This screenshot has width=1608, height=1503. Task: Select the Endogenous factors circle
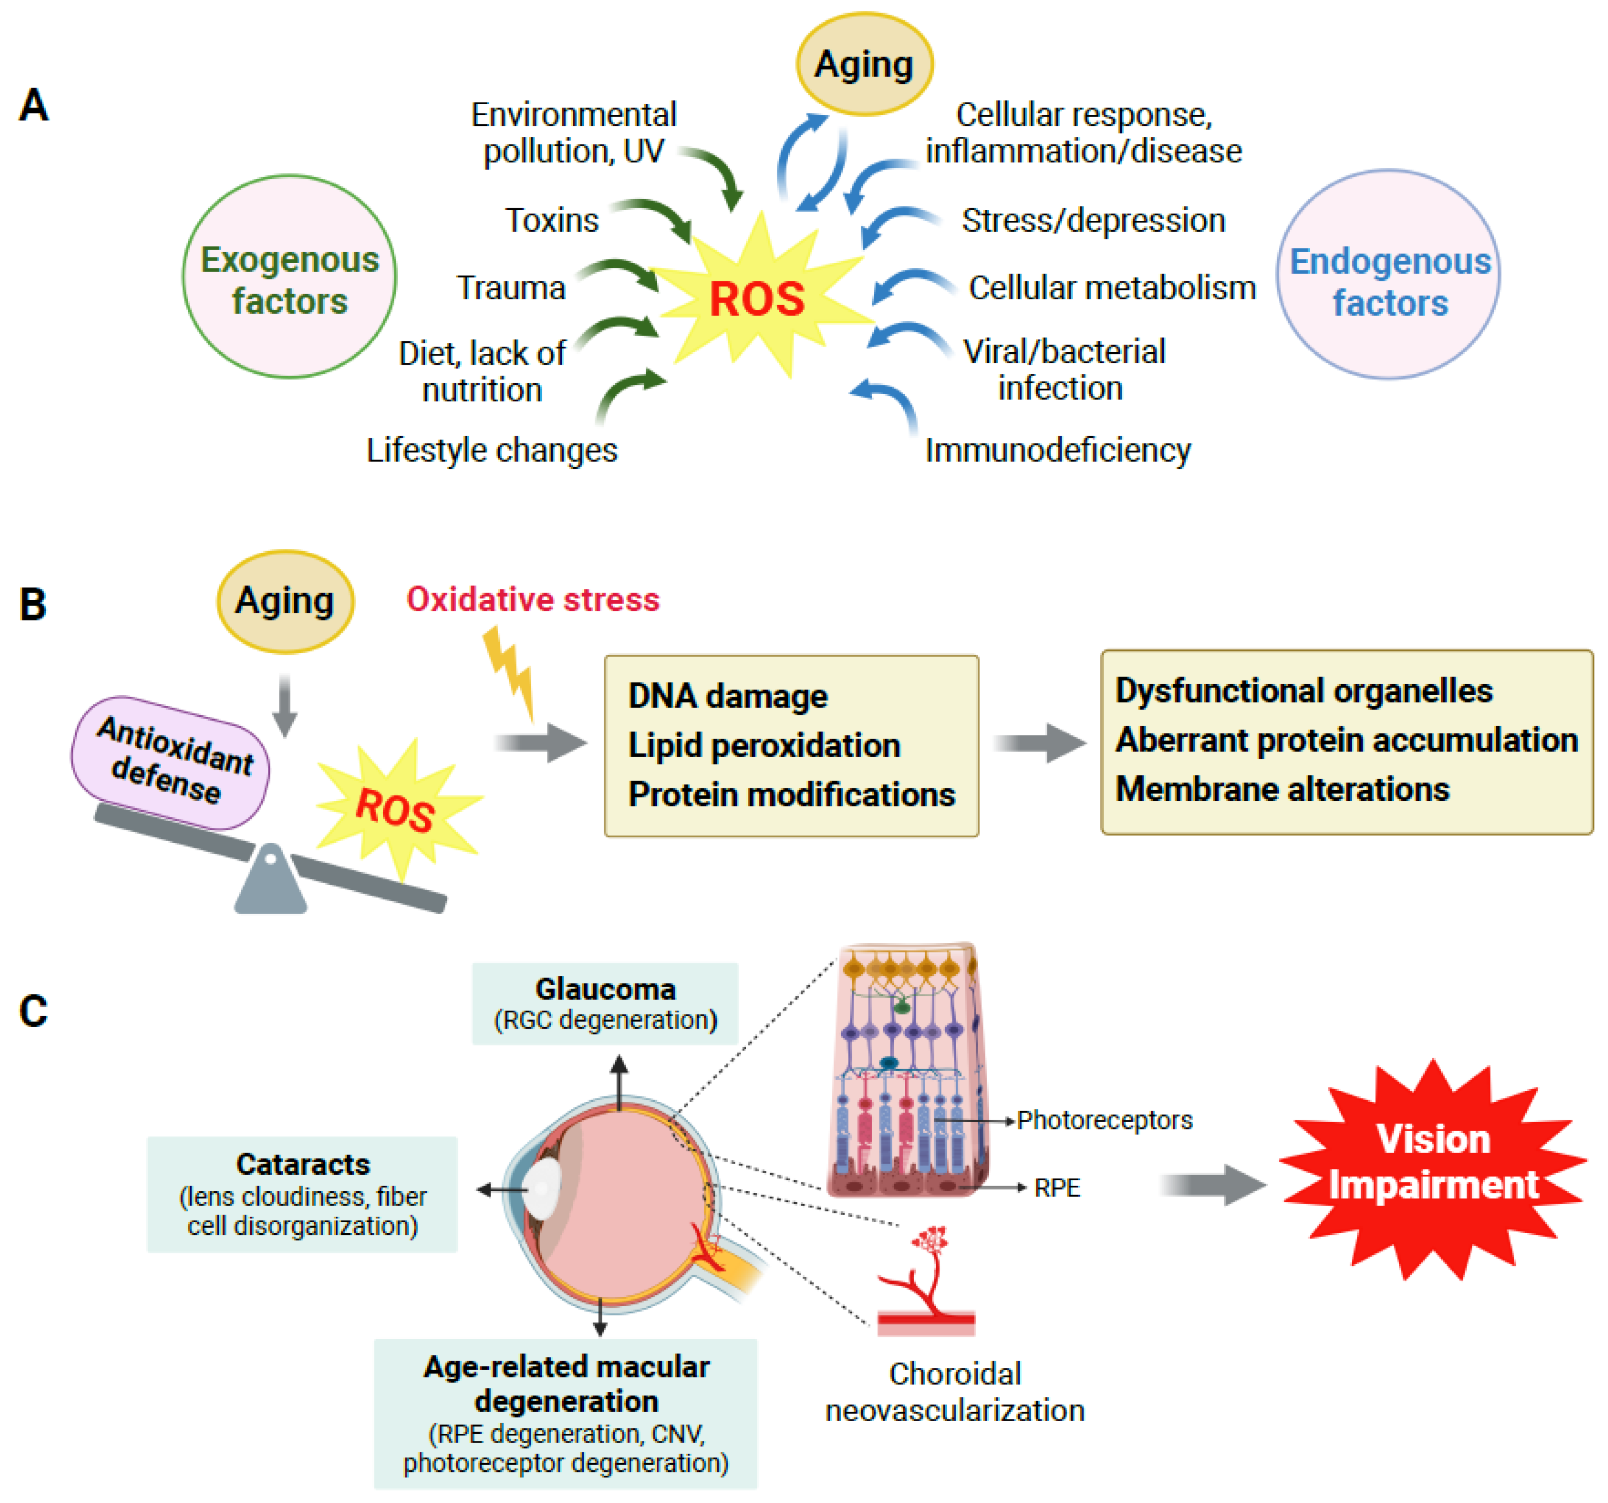point(1388,275)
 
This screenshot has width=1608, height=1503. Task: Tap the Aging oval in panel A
point(864,64)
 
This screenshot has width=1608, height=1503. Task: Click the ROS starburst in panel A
point(757,298)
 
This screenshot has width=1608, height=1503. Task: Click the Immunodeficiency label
point(1057,450)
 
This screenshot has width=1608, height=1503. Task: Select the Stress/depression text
point(1093,220)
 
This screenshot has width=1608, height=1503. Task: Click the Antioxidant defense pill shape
point(171,761)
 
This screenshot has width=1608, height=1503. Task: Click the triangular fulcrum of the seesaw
point(270,882)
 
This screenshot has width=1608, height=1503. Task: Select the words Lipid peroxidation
point(764,745)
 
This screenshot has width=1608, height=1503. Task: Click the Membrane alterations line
point(1282,789)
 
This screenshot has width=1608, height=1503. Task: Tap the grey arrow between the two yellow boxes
point(1039,743)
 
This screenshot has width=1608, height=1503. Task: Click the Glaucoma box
point(605,1003)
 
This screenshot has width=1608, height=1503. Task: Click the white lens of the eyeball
point(543,1187)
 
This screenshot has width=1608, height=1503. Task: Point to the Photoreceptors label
point(1104,1120)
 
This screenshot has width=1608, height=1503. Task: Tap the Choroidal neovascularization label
point(954,1391)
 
